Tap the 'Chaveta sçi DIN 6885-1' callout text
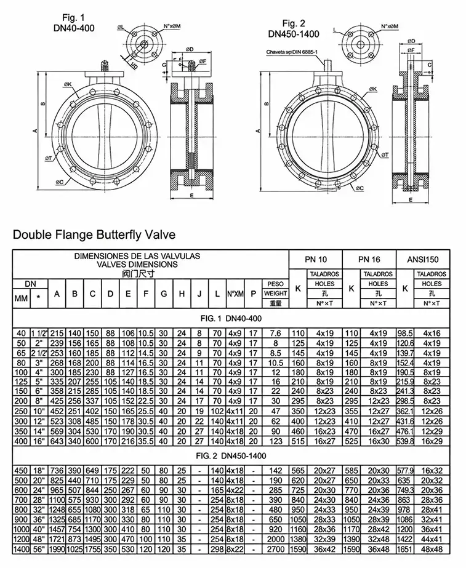292,53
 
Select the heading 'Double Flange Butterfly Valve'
94,234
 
